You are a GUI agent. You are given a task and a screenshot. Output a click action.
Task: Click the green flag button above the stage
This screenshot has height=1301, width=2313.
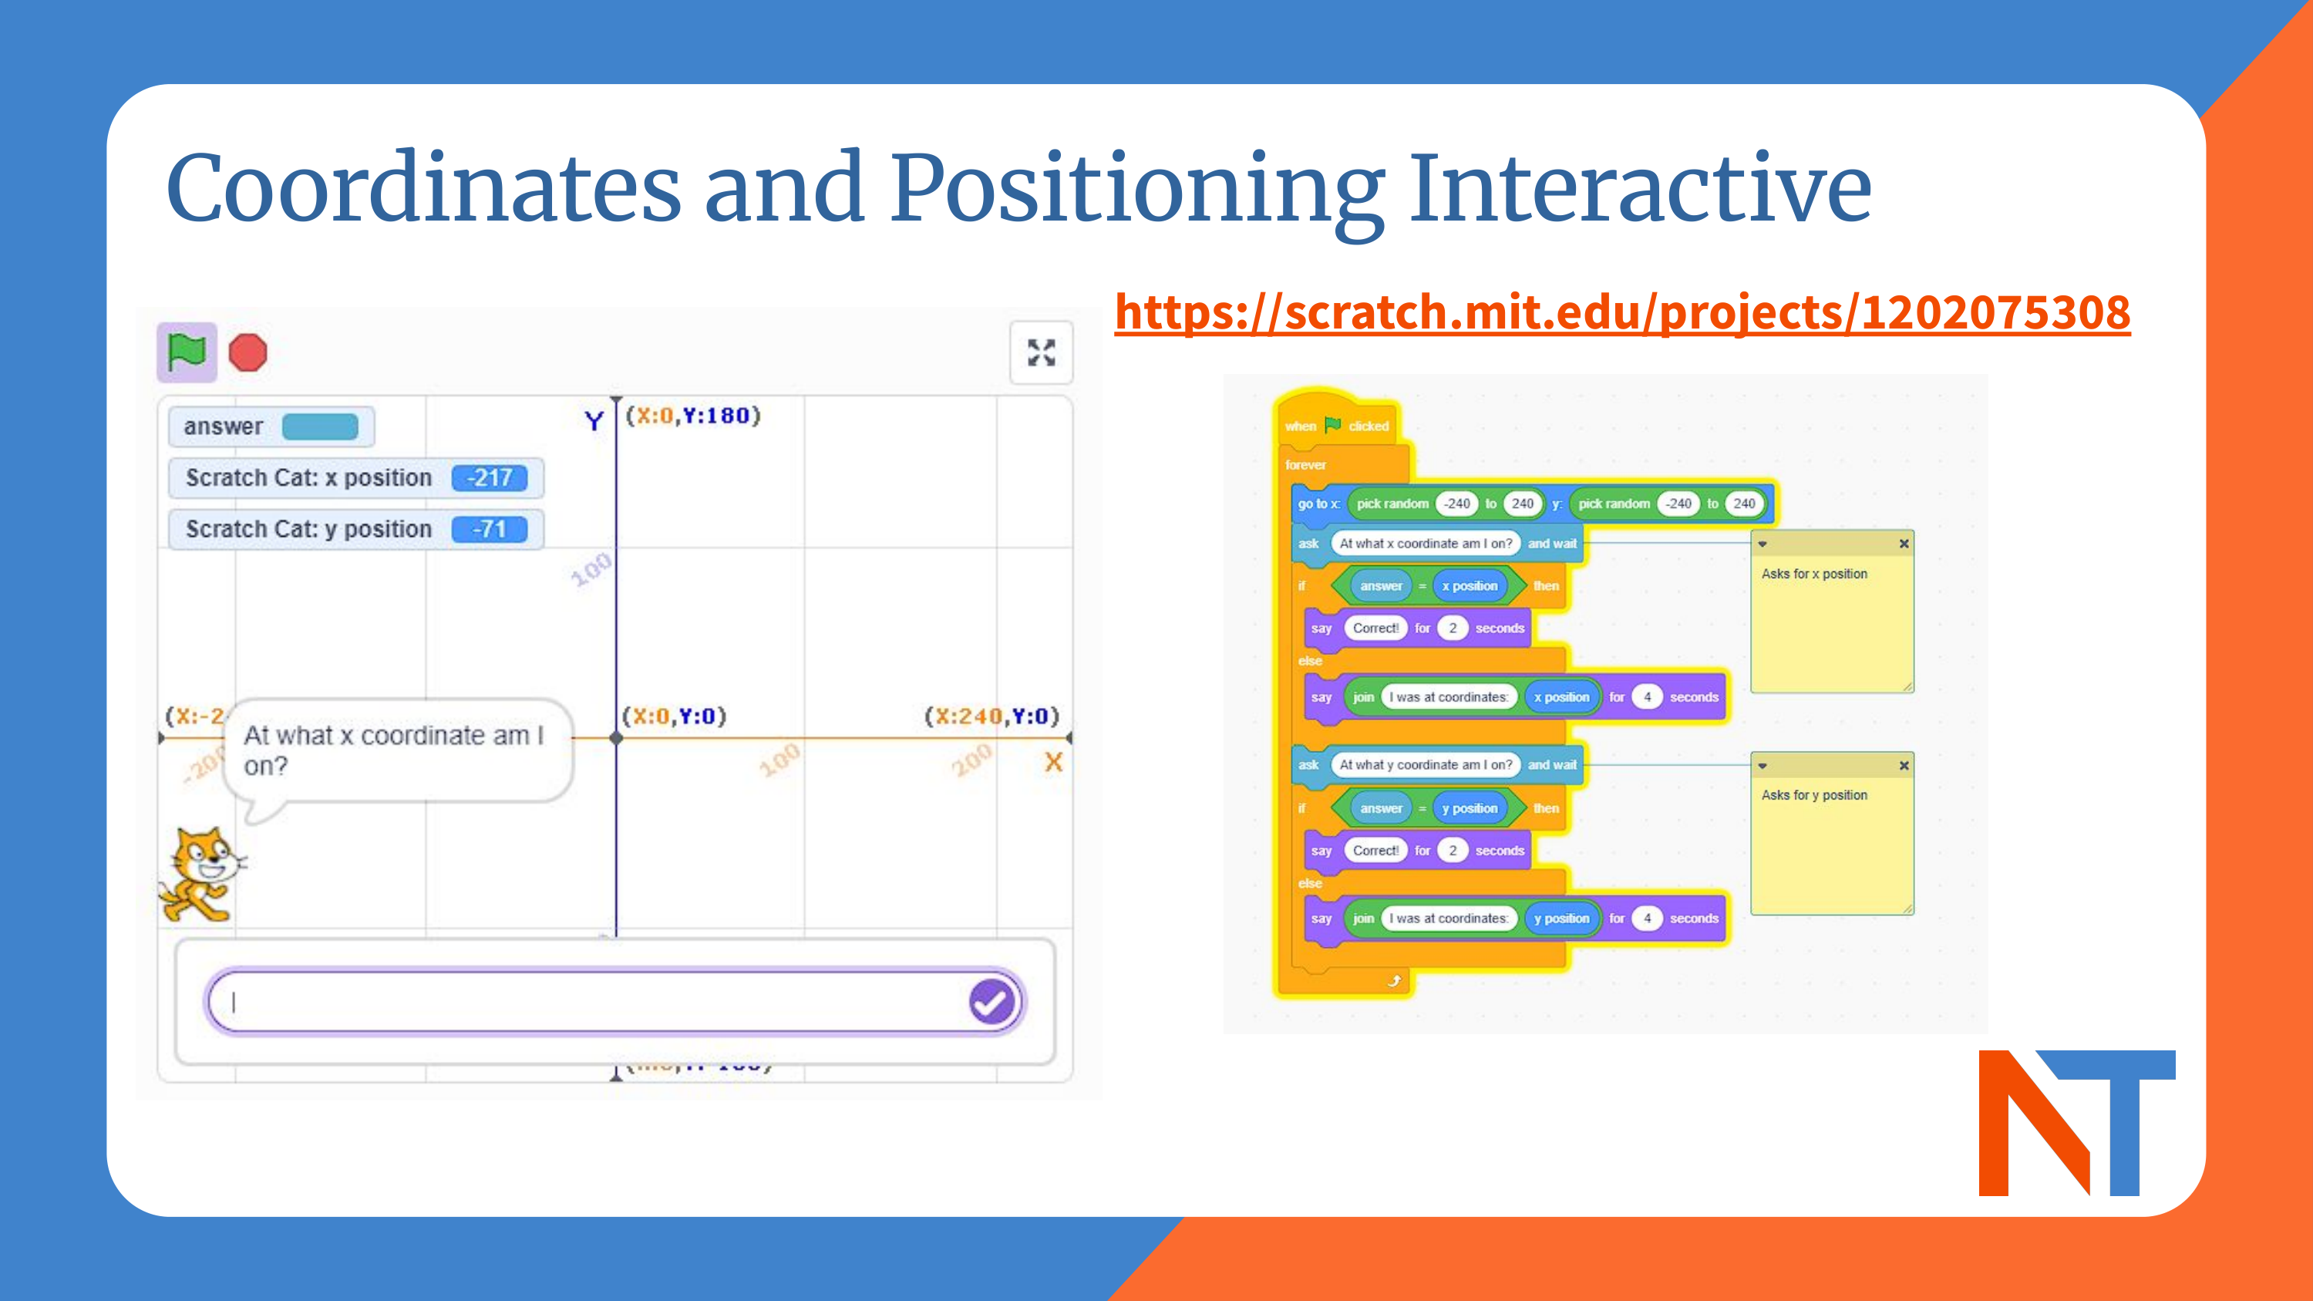tap(187, 352)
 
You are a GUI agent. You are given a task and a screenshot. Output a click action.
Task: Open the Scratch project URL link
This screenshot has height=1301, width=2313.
tap(1621, 312)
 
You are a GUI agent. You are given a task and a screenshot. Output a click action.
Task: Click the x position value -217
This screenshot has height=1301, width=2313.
tap(490, 477)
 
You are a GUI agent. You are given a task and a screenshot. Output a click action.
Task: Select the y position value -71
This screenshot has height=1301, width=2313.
tap(490, 529)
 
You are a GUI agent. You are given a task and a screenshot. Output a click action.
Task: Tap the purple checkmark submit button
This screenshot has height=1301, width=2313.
tap(992, 1001)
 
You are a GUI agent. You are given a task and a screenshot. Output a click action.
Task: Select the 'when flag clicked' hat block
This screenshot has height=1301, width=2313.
tap(1336, 426)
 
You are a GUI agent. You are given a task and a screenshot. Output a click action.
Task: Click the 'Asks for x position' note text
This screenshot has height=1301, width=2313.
tap(1813, 574)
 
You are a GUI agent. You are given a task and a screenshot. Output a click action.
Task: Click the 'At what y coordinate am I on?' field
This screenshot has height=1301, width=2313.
tap(1425, 765)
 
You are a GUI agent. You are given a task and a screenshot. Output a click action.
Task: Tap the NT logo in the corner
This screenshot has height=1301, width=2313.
tap(2076, 1122)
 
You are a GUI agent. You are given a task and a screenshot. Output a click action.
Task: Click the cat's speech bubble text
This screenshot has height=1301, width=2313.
tap(393, 750)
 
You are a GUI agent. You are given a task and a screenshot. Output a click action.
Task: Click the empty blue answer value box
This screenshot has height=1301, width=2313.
tap(320, 426)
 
